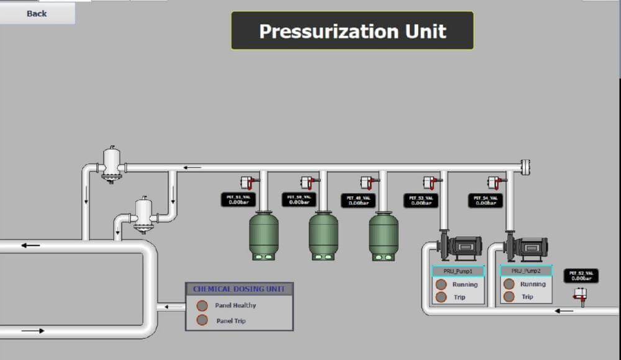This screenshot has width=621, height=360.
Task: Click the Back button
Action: [37, 13]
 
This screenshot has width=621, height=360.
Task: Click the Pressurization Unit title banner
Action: [352, 30]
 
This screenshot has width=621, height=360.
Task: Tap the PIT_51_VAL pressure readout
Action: [238, 199]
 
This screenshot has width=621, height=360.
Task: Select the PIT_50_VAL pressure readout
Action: [299, 199]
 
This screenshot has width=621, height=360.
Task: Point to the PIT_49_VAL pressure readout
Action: [358, 200]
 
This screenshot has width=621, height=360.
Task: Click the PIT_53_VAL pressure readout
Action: [420, 200]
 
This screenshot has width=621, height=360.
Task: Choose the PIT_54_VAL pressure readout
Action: [485, 200]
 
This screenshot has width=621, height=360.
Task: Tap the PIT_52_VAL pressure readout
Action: [581, 276]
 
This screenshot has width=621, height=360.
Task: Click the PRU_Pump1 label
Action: [458, 271]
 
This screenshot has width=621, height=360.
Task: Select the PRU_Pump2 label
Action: [526, 271]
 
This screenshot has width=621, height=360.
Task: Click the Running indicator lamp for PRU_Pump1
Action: [441, 284]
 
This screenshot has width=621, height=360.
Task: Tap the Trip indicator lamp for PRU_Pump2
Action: [509, 297]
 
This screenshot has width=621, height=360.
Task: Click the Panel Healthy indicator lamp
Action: [202, 305]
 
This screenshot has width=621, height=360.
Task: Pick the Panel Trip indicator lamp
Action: [202, 320]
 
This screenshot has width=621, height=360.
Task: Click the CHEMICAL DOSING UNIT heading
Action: [239, 289]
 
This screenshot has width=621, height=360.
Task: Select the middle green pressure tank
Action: [324, 236]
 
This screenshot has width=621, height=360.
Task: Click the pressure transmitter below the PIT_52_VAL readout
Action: [581, 295]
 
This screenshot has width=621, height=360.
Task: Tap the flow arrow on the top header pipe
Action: [193, 168]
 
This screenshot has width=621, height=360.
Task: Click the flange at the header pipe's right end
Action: [525, 167]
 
